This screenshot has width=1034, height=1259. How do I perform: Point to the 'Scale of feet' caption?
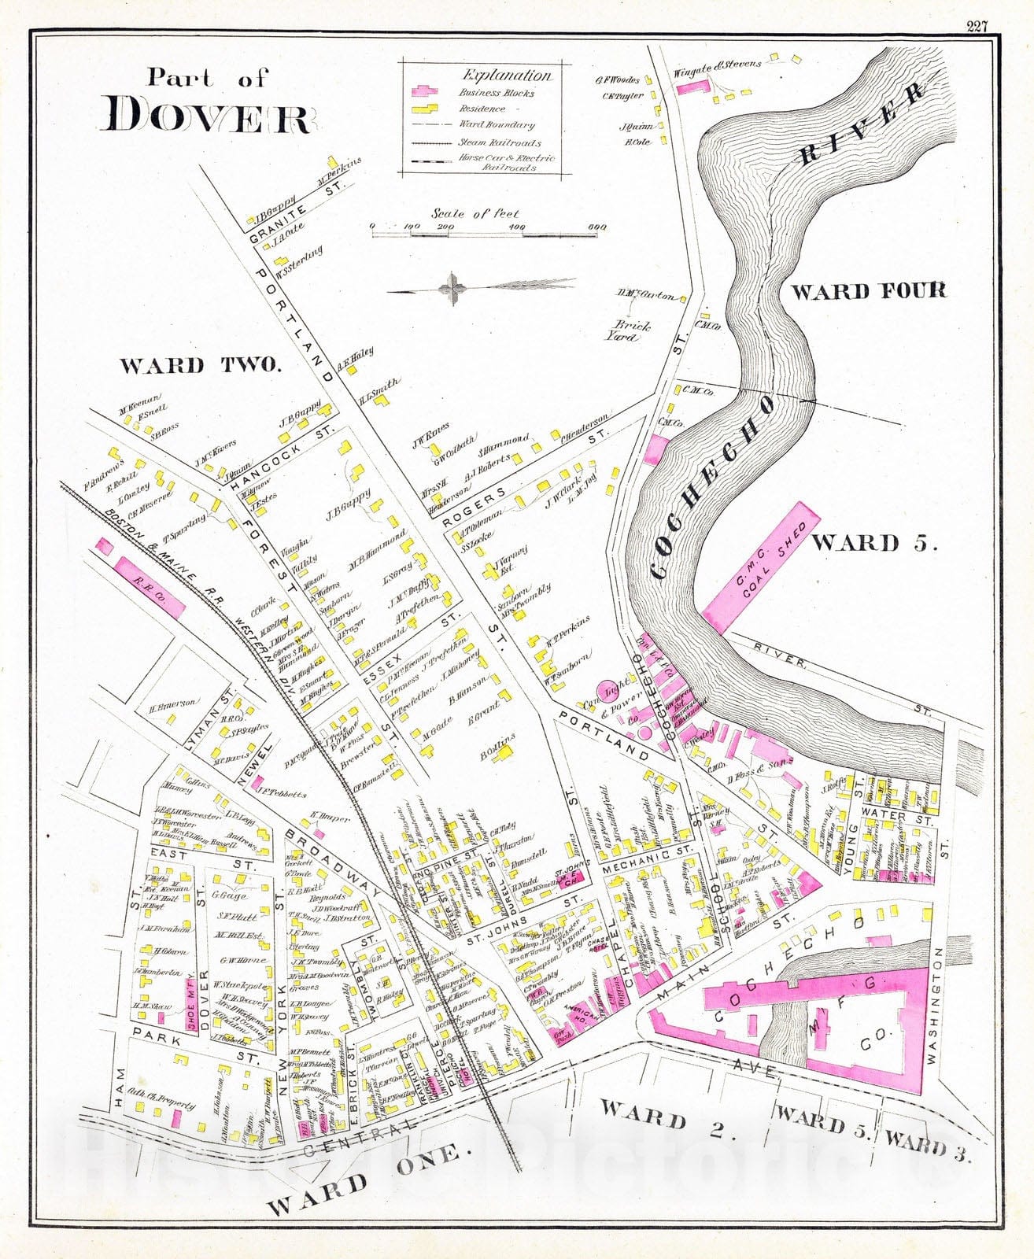[475, 213]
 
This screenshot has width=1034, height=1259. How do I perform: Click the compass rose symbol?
[452, 287]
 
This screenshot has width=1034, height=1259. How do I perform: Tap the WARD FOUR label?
[868, 291]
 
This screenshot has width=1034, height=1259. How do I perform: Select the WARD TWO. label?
[200, 365]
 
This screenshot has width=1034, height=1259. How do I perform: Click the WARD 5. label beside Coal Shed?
[874, 543]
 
